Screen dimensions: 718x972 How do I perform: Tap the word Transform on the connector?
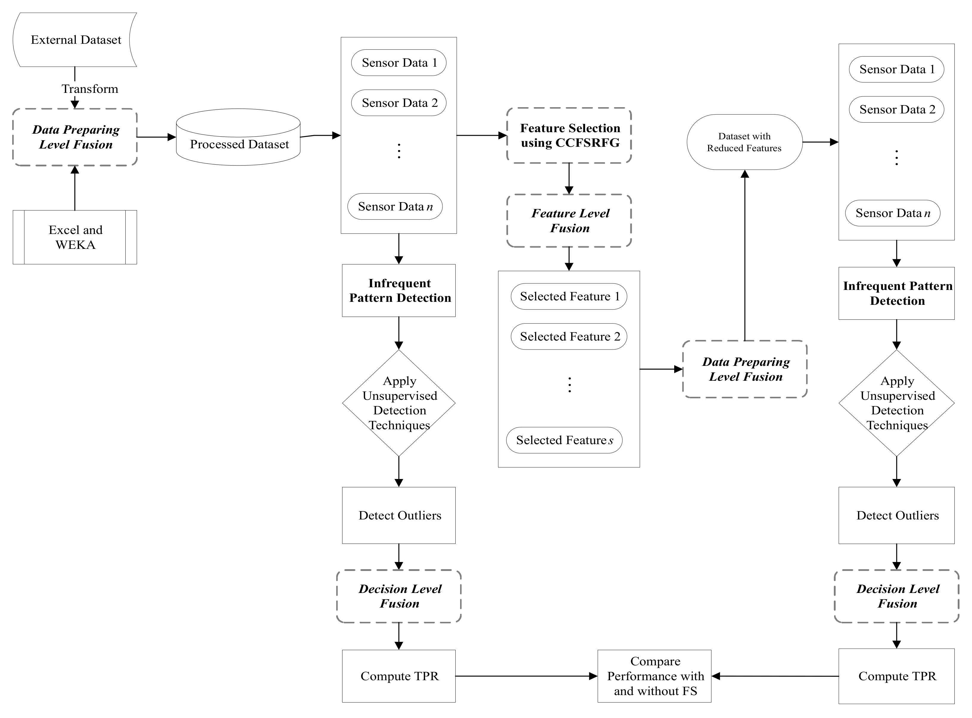pyautogui.click(x=90, y=89)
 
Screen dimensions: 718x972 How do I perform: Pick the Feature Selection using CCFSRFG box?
pyautogui.click(x=569, y=136)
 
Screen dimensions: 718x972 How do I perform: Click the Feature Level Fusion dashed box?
pyautogui.click(x=569, y=221)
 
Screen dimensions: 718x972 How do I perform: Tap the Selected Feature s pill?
pyautogui.click(x=564, y=440)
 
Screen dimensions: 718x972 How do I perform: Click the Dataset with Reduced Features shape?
pyautogui.click(x=744, y=142)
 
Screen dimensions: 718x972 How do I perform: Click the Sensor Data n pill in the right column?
pyautogui.click(x=892, y=213)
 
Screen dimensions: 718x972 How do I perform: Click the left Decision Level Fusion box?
pyautogui.click(x=399, y=596)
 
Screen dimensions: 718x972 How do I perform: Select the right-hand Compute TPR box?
pyautogui.click(x=896, y=676)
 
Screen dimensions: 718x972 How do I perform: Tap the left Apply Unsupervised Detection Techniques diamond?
pyautogui.click(x=399, y=403)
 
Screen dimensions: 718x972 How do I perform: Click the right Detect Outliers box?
pyautogui.click(x=896, y=516)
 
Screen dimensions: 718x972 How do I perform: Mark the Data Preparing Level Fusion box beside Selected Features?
pyautogui.click(x=745, y=369)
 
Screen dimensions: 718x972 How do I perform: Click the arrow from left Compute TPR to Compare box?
pyautogui.click(x=526, y=676)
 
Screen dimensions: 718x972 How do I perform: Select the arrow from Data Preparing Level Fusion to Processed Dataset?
pyautogui.click(x=157, y=137)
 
